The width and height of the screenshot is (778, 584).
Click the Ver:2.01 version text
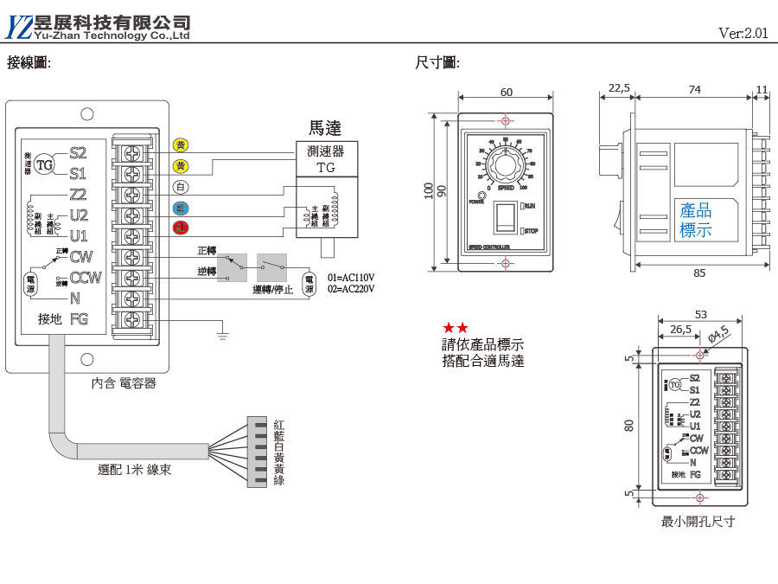pos(743,34)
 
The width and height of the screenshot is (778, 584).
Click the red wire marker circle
pos(181,228)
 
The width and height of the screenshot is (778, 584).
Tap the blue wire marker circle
pos(181,208)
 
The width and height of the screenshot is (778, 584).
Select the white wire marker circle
pos(181,187)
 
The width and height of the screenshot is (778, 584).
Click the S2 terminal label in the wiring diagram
pos(78,153)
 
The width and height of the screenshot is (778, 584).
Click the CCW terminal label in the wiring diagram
pos(85,278)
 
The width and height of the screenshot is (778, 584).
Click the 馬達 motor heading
pos(325,128)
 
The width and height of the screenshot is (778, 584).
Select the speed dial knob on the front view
pos(506,163)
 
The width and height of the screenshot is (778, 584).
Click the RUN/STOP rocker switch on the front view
pos(507,219)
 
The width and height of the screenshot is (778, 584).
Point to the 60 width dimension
pos(506,93)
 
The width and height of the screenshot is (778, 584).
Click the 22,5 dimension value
pos(619,88)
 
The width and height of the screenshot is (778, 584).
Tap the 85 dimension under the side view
pos(698,273)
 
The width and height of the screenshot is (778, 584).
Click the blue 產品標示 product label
pos(696,221)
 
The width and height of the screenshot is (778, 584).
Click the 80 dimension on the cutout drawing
pos(629,425)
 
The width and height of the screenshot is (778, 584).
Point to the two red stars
pos(456,328)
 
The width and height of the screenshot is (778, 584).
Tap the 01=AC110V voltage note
pos(351,278)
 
